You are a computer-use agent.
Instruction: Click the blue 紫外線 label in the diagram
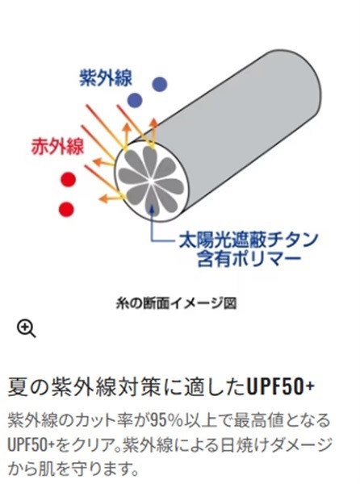pyautogui.click(x=106, y=77)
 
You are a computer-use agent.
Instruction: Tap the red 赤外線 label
pyautogui.click(x=57, y=146)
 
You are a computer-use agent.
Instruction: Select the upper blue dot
pyautogui.click(x=160, y=84)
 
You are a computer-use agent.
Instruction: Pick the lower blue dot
pyautogui.click(x=135, y=100)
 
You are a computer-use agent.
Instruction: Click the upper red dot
pyautogui.click(x=68, y=179)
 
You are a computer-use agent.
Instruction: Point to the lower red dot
pyautogui.click(x=66, y=209)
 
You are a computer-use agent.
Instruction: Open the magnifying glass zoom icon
pyautogui.click(x=27, y=329)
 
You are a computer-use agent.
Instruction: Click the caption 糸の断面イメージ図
pyautogui.click(x=176, y=303)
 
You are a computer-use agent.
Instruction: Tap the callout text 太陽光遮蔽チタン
pyautogui.click(x=249, y=240)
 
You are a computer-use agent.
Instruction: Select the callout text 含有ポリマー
pyautogui.click(x=249, y=259)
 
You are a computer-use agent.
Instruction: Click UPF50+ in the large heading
pyautogui.click(x=280, y=386)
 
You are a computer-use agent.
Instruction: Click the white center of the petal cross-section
pyautogui.click(x=151, y=181)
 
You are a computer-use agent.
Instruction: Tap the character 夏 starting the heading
pyautogui.click(x=17, y=386)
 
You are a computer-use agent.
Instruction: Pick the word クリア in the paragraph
pyautogui.click(x=97, y=445)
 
